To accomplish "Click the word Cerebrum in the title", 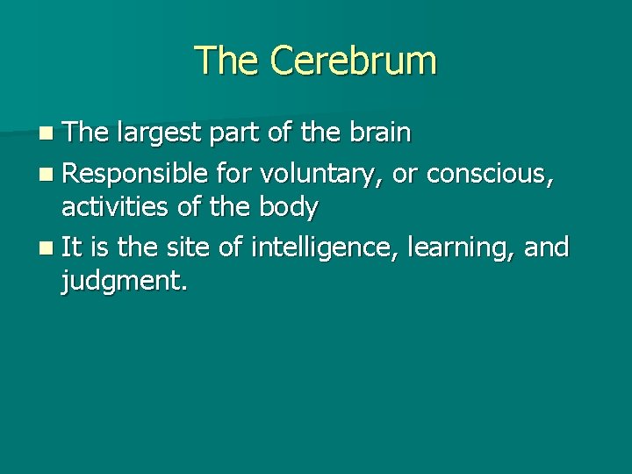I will pos(353,61).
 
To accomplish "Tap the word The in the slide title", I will pos(228,61).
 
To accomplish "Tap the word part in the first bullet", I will pos(232,133).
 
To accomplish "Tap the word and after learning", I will pos(547,247).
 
